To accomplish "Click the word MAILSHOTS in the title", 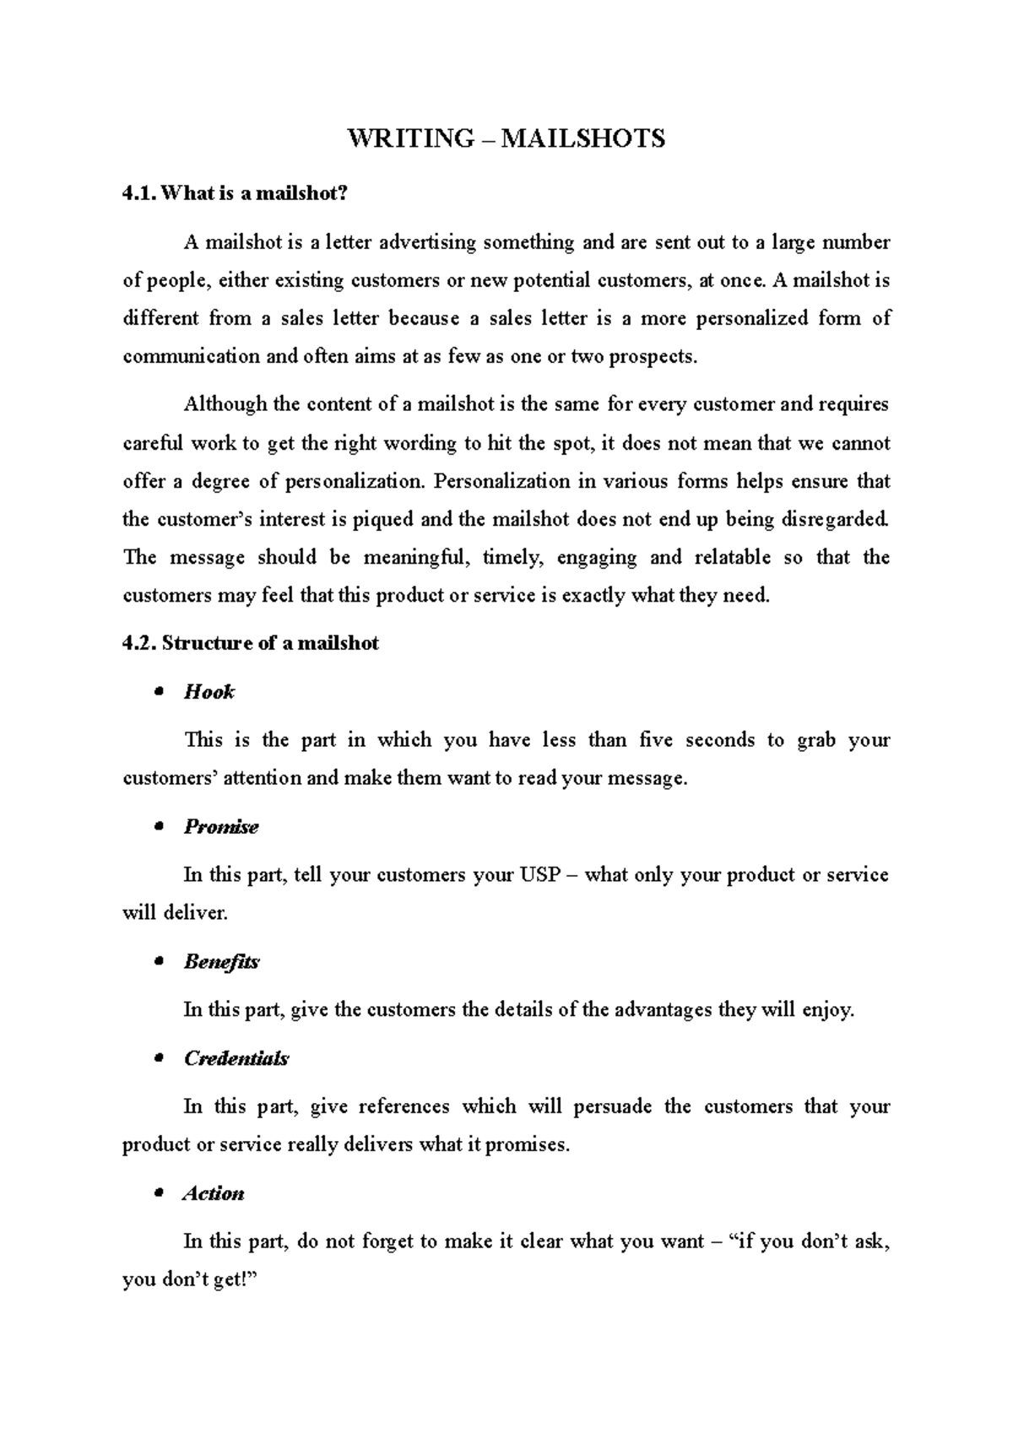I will point(583,138).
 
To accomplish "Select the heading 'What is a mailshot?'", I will point(254,193).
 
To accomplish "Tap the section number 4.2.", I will point(139,643).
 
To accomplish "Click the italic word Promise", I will point(221,826).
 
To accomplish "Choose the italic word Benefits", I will point(221,961).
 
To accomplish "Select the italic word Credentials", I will point(236,1058).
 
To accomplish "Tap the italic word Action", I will point(214,1193).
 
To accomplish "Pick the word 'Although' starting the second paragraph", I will point(225,404).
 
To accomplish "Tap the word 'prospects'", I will point(653,356).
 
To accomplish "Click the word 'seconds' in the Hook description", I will point(718,740).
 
